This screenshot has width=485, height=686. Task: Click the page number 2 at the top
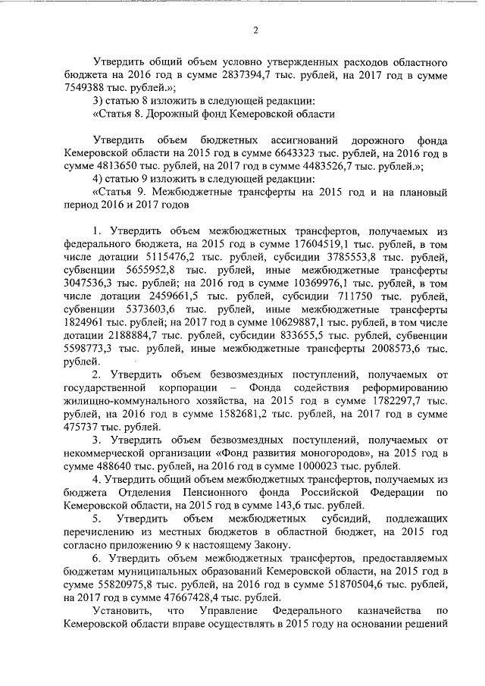[x=255, y=31]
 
